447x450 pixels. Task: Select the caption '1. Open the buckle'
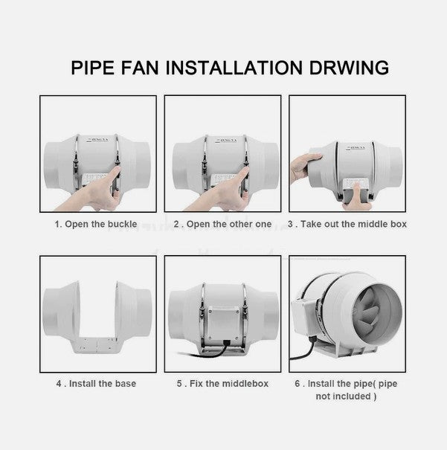95,223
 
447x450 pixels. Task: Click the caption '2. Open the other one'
222,223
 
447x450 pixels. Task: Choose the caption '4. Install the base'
95,384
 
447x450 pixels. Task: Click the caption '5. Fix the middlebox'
222,384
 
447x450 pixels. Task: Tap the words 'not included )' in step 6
346,396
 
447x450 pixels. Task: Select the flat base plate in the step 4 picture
95,344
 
